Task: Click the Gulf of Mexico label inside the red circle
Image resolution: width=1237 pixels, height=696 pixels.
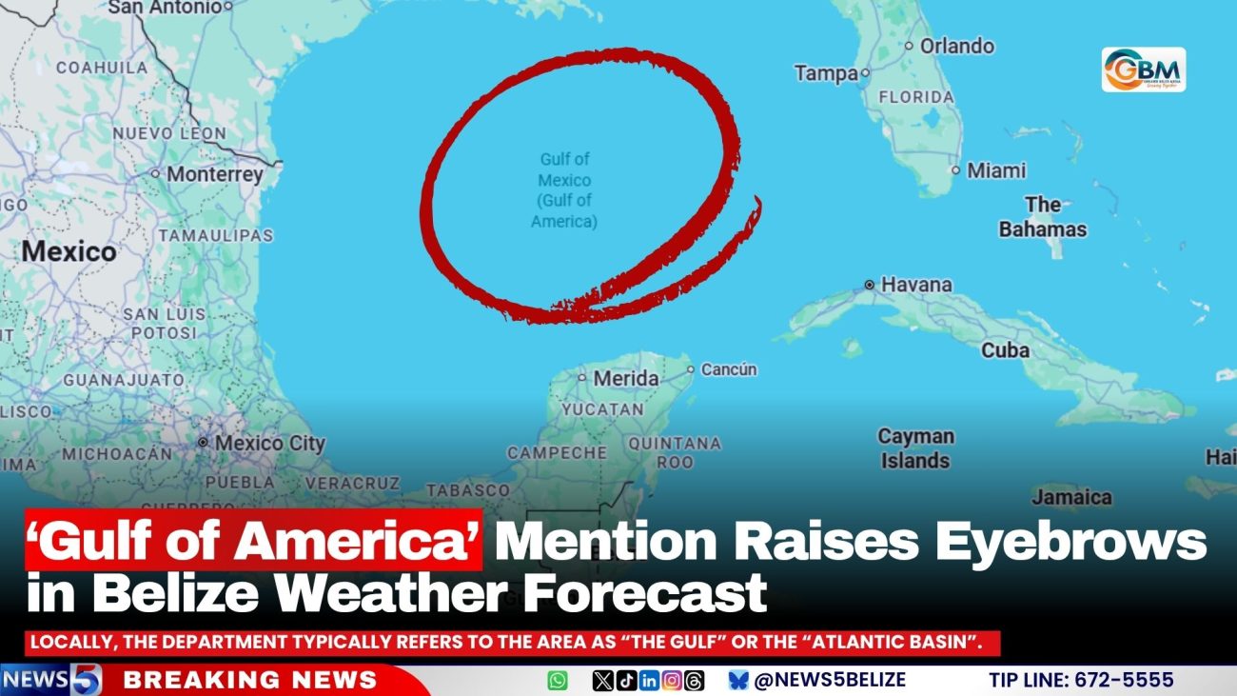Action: coord(564,190)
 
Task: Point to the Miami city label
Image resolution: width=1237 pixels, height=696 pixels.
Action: coord(995,171)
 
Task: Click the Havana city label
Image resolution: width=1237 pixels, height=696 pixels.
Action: coord(915,285)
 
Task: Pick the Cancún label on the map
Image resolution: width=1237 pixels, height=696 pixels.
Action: coord(729,369)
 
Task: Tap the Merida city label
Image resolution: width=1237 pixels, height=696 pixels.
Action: coord(625,378)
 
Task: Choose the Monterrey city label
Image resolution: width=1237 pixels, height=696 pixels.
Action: coord(214,175)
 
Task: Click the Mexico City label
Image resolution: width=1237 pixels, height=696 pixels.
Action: coord(269,444)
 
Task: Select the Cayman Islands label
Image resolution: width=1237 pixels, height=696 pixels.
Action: coord(914,448)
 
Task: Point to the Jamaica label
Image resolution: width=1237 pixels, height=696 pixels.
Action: coord(1071,497)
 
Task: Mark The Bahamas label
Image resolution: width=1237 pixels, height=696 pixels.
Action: coord(1042,217)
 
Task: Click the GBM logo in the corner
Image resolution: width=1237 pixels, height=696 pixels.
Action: coord(1143,70)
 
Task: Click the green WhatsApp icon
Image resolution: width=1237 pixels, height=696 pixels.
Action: coord(558,681)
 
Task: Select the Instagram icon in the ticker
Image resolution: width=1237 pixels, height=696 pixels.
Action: coord(672,681)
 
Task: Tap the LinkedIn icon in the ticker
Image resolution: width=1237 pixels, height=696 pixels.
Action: coord(649,681)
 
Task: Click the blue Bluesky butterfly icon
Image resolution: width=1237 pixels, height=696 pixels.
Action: coord(738,681)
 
